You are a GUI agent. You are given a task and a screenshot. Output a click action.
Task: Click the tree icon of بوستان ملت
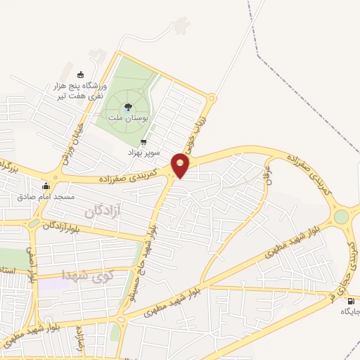click(129, 107)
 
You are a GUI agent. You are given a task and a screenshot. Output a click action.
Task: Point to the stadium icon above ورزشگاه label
click(79, 75)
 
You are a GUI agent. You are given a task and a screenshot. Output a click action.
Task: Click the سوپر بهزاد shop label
click(143, 152)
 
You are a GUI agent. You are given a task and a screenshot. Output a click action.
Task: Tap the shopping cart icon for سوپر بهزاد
click(144, 141)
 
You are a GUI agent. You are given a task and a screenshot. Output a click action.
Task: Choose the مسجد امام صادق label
click(47, 198)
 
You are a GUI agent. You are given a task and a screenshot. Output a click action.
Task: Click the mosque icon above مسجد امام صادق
click(47, 186)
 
